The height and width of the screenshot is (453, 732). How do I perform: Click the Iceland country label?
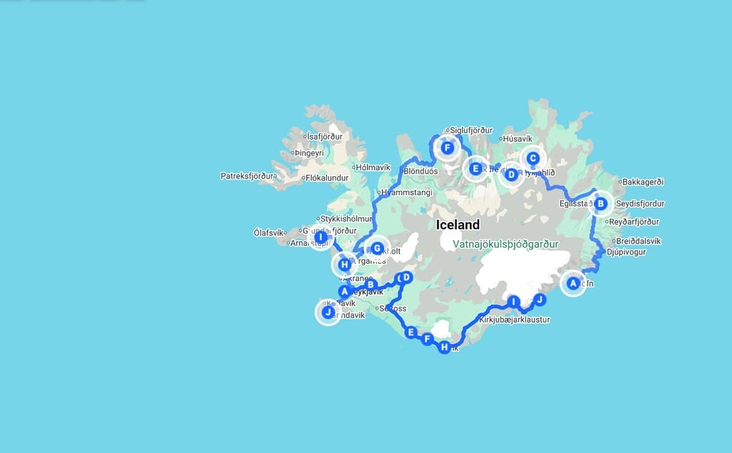click(x=458, y=224)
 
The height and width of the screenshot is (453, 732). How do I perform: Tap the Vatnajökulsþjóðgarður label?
click(x=505, y=244)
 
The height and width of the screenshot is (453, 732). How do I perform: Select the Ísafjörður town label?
click(x=325, y=136)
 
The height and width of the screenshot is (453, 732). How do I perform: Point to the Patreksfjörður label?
click(x=248, y=176)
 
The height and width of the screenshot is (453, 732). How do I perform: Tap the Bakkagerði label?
click(x=643, y=181)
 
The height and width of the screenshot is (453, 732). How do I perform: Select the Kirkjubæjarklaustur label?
click(x=515, y=320)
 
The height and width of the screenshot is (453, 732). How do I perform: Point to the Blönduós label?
click(x=420, y=171)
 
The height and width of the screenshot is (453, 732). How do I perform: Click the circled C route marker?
click(x=533, y=159)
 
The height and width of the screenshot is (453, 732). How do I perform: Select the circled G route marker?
click(x=377, y=249)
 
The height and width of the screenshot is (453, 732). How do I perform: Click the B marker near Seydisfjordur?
click(x=601, y=204)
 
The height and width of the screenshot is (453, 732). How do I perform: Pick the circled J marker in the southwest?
click(x=328, y=312)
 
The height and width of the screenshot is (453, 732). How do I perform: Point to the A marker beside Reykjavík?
click(x=345, y=292)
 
